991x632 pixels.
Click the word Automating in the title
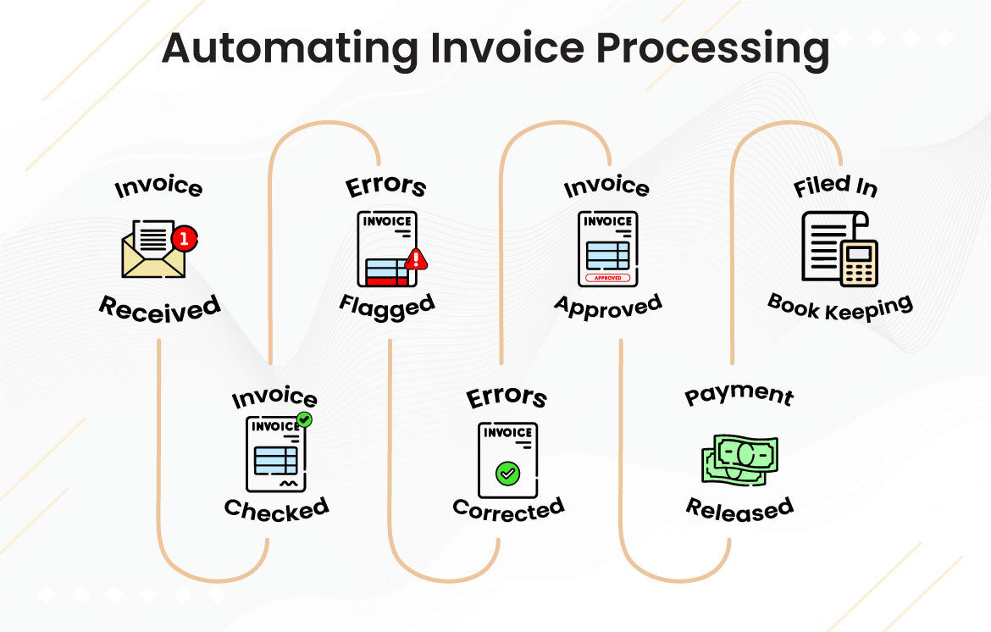289,48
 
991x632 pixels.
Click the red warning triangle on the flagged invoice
415,258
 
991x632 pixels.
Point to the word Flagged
387,304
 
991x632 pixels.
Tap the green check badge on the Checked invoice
304,419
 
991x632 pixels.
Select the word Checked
276,509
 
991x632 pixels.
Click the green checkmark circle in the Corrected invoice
507,473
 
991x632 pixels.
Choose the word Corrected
508,509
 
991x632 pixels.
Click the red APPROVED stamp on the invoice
607,278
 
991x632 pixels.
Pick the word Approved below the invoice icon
607,305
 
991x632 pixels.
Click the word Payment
739,395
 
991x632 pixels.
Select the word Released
739,508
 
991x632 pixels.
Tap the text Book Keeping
840,306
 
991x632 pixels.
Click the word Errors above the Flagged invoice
386,186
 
